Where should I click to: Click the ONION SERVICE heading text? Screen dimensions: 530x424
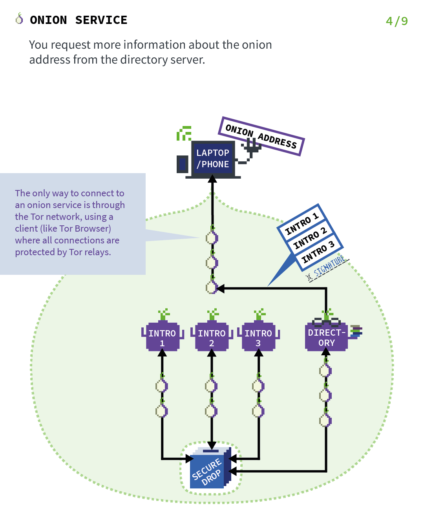pyautogui.click(x=79, y=20)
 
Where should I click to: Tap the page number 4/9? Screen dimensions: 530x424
pyautogui.click(x=397, y=21)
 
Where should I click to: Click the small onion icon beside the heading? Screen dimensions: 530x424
pyautogui.click(x=19, y=18)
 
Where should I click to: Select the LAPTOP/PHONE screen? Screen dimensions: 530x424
pyautogui.click(x=213, y=159)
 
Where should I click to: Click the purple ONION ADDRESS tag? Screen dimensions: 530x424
pyautogui.click(x=261, y=136)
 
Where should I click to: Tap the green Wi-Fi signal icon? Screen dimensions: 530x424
pyautogui.click(x=184, y=133)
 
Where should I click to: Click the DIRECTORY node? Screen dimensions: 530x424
pyautogui.click(x=326, y=337)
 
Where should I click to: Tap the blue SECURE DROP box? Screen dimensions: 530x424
pyautogui.click(x=208, y=469)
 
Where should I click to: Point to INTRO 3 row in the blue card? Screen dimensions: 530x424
pyautogui.click(x=318, y=252)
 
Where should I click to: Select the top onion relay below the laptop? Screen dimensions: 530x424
pyautogui.click(x=212, y=238)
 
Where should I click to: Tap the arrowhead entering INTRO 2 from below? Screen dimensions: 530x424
pyautogui.click(x=212, y=353)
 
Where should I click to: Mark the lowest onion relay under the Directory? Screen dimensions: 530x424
pyautogui.click(x=325, y=420)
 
